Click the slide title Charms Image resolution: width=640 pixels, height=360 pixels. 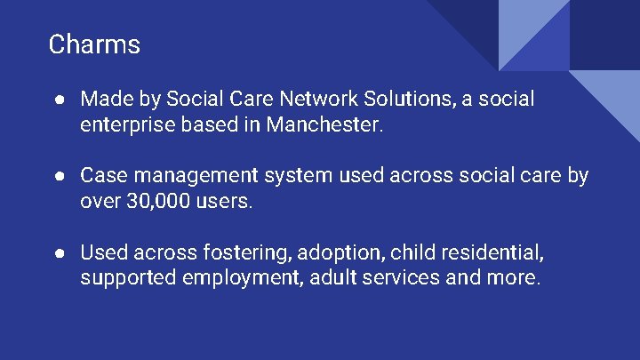point(94,44)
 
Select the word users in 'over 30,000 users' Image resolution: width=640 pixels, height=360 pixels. point(225,202)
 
